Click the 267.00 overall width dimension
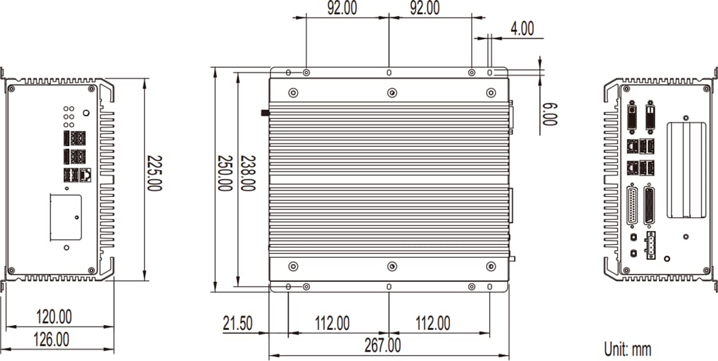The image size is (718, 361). pyautogui.click(x=382, y=346)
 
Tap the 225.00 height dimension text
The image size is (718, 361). pyautogui.click(x=154, y=174)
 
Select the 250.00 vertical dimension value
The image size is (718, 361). pyautogui.click(x=225, y=174)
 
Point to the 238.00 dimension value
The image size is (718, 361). pyautogui.click(x=247, y=174)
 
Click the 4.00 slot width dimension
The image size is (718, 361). pyautogui.click(x=522, y=28)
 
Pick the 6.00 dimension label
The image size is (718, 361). pyautogui.click(x=549, y=114)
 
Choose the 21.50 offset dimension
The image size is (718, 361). pyautogui.click(x=237, y=324)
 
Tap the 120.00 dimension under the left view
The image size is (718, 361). pyautogui.click(x=54, y=316)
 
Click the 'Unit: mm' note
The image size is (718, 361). pyautogui.click(x=627, y=348)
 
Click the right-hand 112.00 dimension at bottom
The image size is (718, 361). pyautogui.click(x=432, y=324)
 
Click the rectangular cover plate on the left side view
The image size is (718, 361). pyautogui.click(x=65, y=217)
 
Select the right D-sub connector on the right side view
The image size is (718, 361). pyautogui.click(x=649, y=206)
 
